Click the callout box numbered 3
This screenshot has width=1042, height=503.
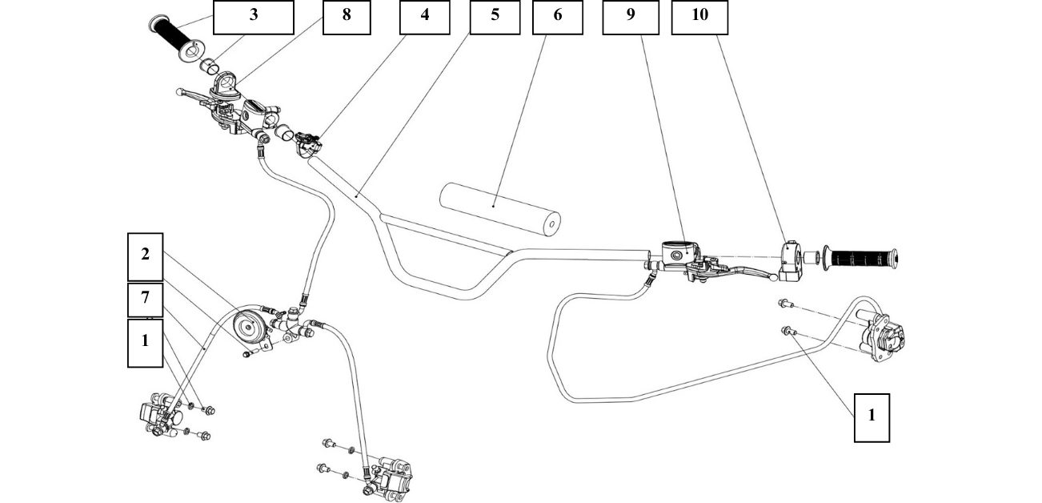pyautogui.click(x=253, y=17)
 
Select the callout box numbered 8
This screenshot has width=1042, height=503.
pyautogui.click(x=347, y=17)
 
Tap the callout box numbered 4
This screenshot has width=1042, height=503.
pyautogui.click(x=424, y=17)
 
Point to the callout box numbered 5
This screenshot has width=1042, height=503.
pyautogui.click(x=495, y=17)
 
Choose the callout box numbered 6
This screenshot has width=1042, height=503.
pyautogui.click(x=557, y=17)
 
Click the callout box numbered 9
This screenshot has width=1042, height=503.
pyautogui.click(x=631, y=17)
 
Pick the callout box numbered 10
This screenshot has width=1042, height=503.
pyautogui.click(x=699, y=17)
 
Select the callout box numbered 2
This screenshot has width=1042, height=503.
pyautogui.click(x=145, y=256)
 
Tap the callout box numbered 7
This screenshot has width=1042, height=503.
pyautogui.click(x=145, y=299)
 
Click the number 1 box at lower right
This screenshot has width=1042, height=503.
pyautogui.click(x=872, y=416)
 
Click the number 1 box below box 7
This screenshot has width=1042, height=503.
pyautogui.click(x=145, y=342)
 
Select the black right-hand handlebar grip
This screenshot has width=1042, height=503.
pyautogui.click(x=862, y=259)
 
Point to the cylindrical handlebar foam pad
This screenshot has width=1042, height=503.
pyautogui.click(x=500, y=208)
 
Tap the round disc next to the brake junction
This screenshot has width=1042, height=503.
pyautogui.click(x=248, y=327)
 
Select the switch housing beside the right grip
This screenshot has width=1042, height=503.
pyautogui.click(x=791, y=259)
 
